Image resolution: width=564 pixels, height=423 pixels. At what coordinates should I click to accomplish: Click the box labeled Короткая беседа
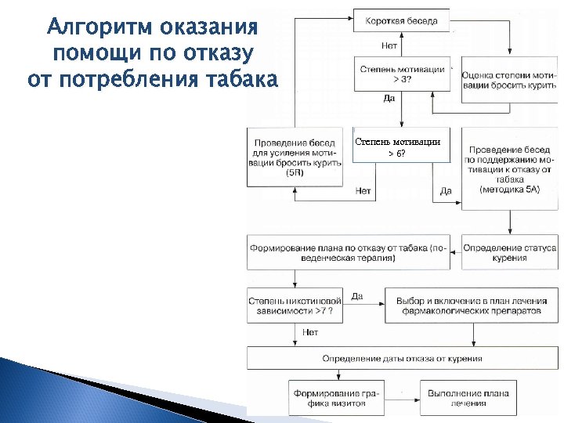tap(401, 20)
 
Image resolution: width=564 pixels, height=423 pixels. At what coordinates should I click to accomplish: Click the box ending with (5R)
tap(295, 157)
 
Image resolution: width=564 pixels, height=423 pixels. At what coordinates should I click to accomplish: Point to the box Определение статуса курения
tap(509, 252)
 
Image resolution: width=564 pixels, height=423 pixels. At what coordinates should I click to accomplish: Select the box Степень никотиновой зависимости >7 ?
tap(295, 305)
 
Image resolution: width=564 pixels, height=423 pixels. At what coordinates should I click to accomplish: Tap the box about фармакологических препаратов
tap(472, 305)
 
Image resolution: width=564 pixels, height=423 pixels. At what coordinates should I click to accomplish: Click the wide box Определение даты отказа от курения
tap(402, 358)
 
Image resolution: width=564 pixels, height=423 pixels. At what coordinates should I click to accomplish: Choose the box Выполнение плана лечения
tap(469, 397)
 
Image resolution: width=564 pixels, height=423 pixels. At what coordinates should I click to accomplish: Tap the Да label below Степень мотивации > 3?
tap(389, 99)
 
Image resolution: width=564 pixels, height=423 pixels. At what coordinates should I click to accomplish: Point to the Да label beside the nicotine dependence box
tap(357, 296)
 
